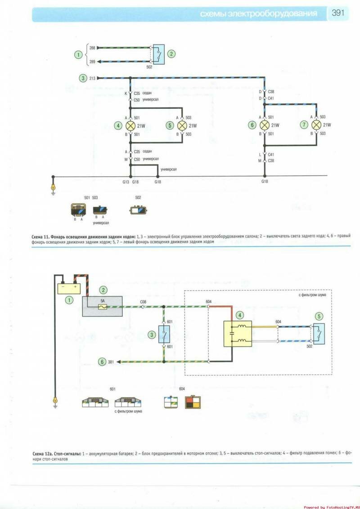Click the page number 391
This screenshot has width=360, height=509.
click(x=338, y=13)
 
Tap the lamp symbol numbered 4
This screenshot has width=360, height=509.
click(x=130, y=125)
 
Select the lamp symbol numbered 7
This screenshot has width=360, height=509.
click(x=316, y=125)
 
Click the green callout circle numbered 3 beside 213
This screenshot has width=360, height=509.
click(x=83, y=78)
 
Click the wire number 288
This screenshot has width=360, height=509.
click(x=92, y=47)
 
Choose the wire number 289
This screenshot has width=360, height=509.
click(x=92, y=62)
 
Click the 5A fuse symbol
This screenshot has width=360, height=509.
click(x=103, y=307)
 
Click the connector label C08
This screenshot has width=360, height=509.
click(x=143, y=301)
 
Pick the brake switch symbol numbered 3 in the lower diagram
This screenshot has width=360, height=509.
click(x=164, y=334)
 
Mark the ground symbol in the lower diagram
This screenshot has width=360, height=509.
click(x=55, y=400)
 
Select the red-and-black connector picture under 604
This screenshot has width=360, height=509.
click(x=192, y=401)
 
